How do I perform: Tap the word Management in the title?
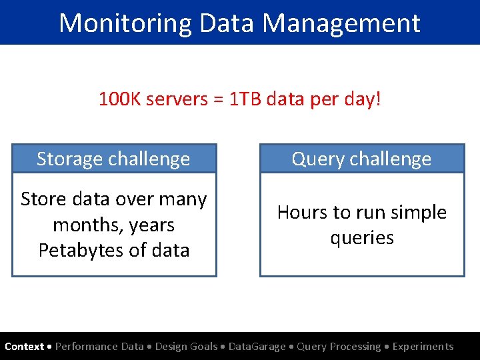click(x=341, y=23)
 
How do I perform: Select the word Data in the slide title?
click(x=226, y=23)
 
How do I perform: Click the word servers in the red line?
click(x=177, y=99)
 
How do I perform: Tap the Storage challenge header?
click(x=113, y=159)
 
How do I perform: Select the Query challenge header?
click(x=361, y=159)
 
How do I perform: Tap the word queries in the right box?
click(x=362, y=238)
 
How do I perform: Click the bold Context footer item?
click(x=24, y=347)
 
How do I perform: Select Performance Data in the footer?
click(x=99, y=347)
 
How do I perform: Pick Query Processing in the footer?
click(x=339, y=347)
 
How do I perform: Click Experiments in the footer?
click(x=423, y=347)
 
